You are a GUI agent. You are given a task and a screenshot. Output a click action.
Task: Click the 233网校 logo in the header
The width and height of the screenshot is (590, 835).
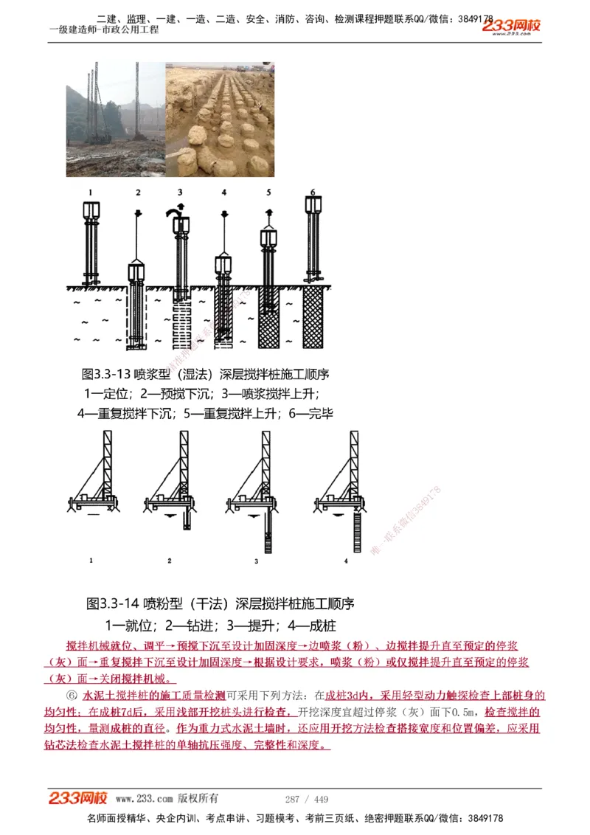(x=511, y=26)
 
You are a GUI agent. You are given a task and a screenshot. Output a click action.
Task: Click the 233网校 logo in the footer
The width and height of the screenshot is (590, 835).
(x=78, y=798)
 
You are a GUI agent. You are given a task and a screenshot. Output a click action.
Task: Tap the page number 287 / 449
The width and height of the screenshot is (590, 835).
(x=307, y=799)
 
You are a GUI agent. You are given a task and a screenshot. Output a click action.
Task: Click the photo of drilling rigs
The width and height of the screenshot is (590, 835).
(x=114, y=119)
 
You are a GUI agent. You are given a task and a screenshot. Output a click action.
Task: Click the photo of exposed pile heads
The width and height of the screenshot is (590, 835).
(x=219, y=119)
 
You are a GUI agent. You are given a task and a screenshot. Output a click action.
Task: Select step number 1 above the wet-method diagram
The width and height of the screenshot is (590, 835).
(x=91, y=193)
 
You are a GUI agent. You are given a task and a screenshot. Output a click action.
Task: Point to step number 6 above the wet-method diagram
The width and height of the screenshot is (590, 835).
(x=313, y=193)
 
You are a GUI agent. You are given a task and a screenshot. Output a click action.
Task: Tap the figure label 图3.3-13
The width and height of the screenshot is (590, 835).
(x=104, y=375)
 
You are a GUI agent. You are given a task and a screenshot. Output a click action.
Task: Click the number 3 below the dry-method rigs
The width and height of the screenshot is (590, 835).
(x=257, y=561)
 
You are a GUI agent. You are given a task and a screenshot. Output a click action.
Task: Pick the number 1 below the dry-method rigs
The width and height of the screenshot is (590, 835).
(x=91, y=561)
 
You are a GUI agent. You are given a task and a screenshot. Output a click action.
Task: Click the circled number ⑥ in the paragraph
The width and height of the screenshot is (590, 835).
(x=72, y=695)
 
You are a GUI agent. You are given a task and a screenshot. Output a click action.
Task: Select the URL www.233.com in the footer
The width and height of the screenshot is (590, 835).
(x=144, y=799)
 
